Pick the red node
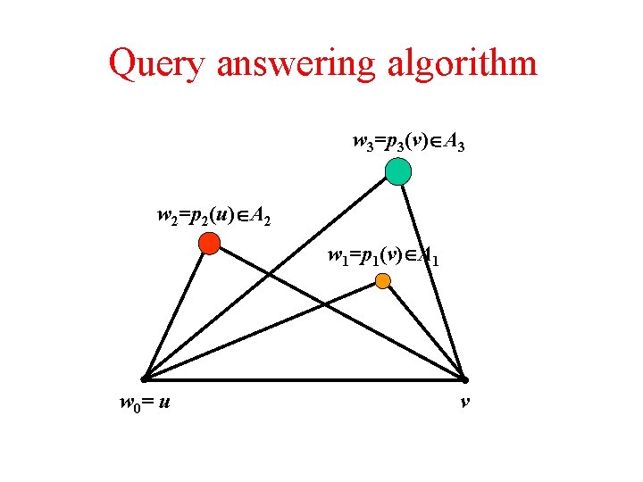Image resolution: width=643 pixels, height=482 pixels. (209, 242)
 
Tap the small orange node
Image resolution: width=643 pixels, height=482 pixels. (382, 281)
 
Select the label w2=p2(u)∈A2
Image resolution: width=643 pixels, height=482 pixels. (213, 215)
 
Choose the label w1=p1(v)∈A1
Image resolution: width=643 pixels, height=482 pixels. (381, 259)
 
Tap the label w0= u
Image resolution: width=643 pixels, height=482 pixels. (146, 403)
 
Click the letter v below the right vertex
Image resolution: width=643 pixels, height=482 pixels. (465, 403)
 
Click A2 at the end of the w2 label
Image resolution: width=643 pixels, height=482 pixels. (262, 216)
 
